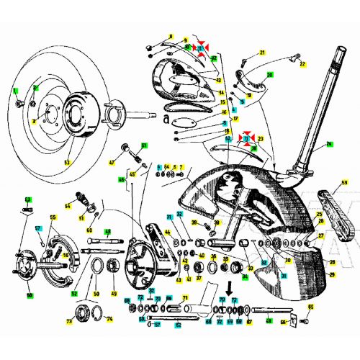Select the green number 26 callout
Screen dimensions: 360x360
coord(329,145)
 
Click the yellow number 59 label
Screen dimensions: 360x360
coord(344,183)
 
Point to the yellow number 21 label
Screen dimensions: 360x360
coord(263,53)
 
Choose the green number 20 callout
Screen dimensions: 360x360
coord(270,74)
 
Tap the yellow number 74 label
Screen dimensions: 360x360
coord(109,319)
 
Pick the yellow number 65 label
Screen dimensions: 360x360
coord(310,306)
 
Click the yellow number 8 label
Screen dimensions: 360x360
coord(171,36)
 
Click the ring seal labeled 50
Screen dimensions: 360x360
coord(95,270)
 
